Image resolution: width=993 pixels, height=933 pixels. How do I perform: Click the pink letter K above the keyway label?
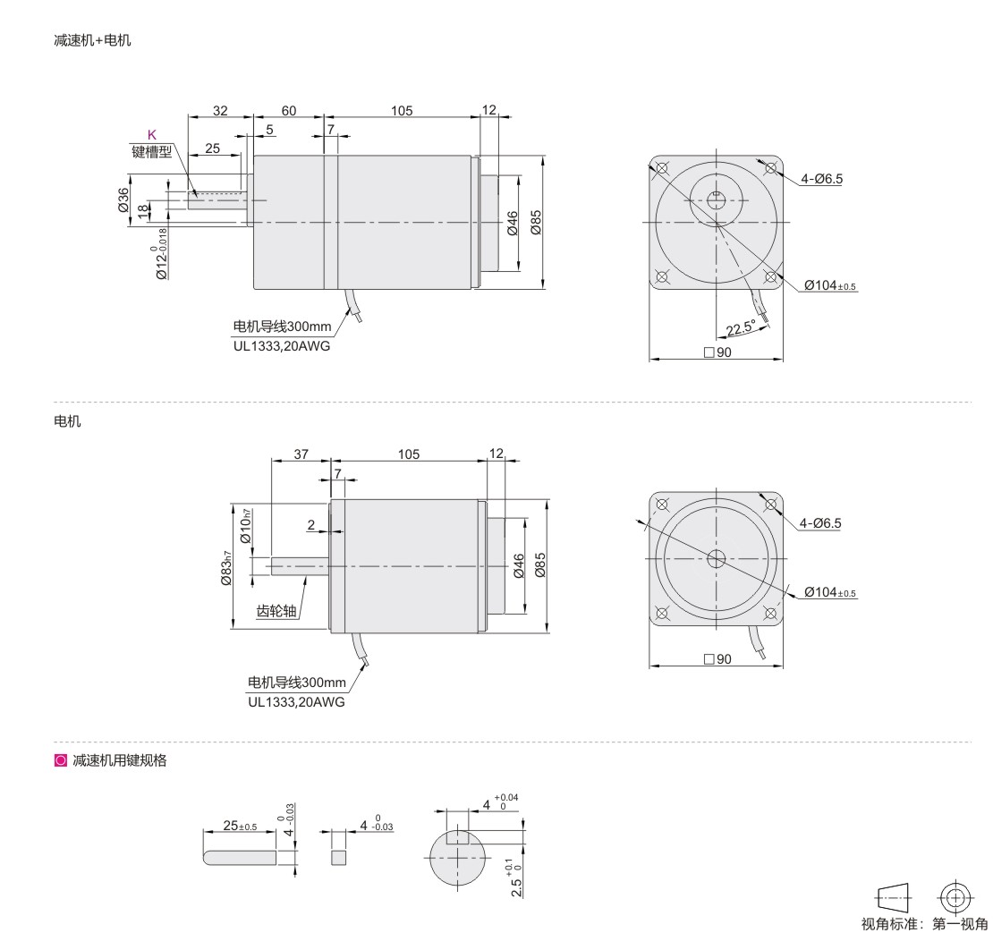pyautogui.click(x=151, y=134)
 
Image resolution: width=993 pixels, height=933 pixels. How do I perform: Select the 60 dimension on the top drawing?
pyautogui.click(x=288, y=111)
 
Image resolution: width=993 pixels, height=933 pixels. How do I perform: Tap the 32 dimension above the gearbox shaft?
pyautogui.click(x=220, y=111)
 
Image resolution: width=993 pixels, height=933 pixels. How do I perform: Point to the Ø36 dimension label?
pyautogui.click(x=123, y=199)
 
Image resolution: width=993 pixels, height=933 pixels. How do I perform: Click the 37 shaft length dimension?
pyautogui.click(x=301, y=454)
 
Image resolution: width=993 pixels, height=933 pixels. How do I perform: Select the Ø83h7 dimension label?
pyautogui.click(x=226, y=567)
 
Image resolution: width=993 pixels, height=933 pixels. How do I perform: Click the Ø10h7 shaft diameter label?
pyautogui.click(x=246, y=526)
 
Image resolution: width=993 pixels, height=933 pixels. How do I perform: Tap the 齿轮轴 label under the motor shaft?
pyautogui.click(x=276, y=611)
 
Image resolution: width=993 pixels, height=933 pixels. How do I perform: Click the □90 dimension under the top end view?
pyautogui.click(x=717, y=352)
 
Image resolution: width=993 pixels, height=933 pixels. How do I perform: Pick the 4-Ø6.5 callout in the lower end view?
pyautogui.click(x=820, y=523)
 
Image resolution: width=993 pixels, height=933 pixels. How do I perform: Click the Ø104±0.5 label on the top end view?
pyautogui.click(x=830, y=285)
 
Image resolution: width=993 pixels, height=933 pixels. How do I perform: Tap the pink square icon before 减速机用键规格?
pyautogui.click(x=61, y=760)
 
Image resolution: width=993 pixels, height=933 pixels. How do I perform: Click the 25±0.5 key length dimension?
pyautogui.click(x=240, y=826)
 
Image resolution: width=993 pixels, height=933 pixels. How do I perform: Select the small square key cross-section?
pyautogui.click(x=339, y=858)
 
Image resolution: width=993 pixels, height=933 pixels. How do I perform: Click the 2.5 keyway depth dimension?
pyautogui.click(x=515, y=879)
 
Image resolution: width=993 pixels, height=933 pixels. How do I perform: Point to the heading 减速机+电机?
pyautogui.click(x=92, y=40)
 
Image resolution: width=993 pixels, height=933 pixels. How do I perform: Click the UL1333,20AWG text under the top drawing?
pyautogui.click(x=282, y=346)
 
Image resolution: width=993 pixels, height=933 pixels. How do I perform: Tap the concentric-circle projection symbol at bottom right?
pyautogui.click(x=955, y=898)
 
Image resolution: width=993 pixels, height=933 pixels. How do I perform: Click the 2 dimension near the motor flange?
pyautogui.click(x=311, y=525)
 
